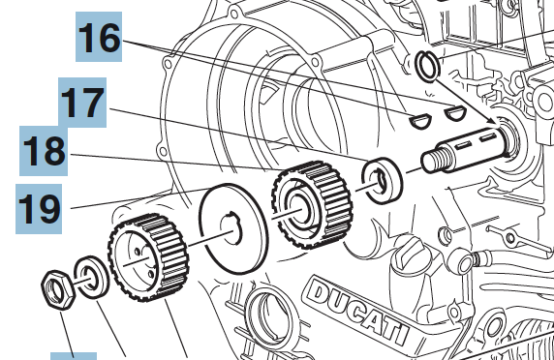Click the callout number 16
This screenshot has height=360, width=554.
[x=100, y=38]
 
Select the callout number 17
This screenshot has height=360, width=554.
[x=82, y=103]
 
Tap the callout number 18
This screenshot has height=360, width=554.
[x=45, y=151]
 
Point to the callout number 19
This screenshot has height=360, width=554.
[x=39, y=209]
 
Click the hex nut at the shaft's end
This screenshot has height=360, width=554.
[x=58, y=289]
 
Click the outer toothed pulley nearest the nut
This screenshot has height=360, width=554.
[x=148, y=257]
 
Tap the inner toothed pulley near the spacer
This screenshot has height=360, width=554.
[x=312, y=205]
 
